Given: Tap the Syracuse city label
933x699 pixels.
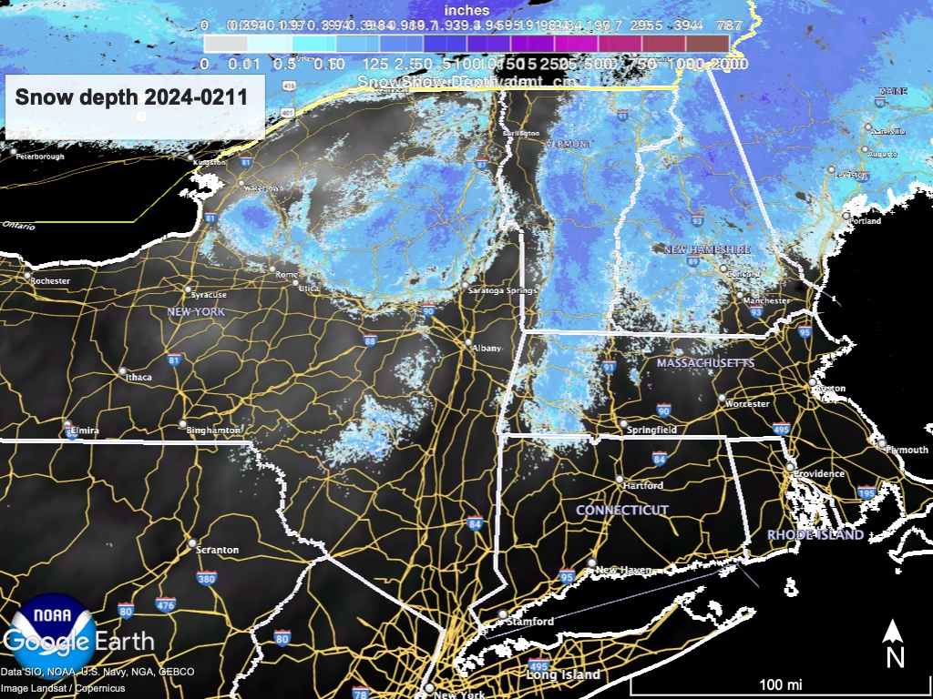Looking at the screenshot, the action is coord(209,295).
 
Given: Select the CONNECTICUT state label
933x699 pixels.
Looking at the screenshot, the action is coord(622,511).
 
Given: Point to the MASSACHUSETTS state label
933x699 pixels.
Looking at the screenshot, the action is coord(705,363).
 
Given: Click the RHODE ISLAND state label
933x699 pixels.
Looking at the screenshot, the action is coord(815,535).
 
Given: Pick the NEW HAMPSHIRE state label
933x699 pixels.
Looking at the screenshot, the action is coord(707,249).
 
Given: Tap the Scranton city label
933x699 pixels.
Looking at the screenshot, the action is coord(219,550).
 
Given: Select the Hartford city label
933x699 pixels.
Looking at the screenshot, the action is coord(644,485).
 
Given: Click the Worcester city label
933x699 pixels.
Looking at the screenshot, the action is coord(748,403).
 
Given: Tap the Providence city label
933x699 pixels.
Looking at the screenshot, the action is coord(818,474).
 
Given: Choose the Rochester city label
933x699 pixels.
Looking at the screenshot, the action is coord(50,281).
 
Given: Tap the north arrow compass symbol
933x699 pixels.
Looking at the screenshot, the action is coord(896,643).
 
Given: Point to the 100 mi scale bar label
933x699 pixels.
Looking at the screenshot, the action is coord(781,684).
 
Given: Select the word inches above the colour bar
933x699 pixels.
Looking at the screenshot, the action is coord(466,10).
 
